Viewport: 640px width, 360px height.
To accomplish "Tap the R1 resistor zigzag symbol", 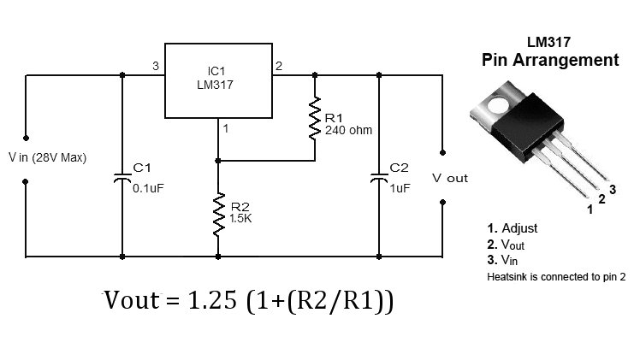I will coord(315,120).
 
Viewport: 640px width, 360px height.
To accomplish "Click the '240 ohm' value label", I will coord(348,131).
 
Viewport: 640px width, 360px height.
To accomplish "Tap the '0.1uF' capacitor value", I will coord(148,188).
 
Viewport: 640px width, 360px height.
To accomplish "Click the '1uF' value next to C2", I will coord(400,188).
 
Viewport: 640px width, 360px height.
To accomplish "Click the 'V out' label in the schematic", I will coord(450,178).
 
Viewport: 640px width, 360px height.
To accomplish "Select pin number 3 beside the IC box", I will coord(154,66).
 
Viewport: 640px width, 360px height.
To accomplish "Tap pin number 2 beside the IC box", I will coord(278,66).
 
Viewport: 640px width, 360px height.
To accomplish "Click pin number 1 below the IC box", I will coord(225,129).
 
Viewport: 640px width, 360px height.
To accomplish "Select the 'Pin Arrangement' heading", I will coord(549,61).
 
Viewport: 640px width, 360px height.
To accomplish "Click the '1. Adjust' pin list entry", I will coord(513,228).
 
